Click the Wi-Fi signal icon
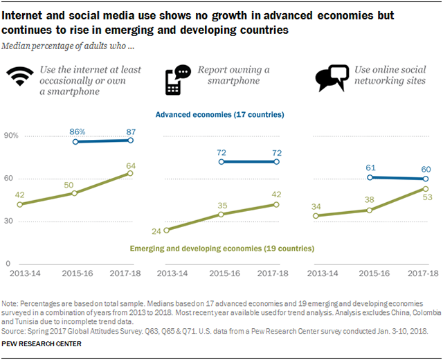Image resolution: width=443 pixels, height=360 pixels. coord(20,76)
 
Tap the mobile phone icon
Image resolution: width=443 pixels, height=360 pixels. coord(178,80)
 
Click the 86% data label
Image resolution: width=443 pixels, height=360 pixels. coord(78,132)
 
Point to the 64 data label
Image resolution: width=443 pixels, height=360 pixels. coord(131,165)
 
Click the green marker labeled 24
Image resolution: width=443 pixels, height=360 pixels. coord(166,231)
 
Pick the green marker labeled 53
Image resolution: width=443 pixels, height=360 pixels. coord(426,189)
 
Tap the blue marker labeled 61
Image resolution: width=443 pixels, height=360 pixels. coord(370,177)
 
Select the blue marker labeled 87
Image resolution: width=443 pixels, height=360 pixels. coord(131,140)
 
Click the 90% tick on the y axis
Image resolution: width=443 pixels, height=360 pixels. coord(11,136)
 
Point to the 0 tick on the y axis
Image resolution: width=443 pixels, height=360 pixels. coord(8,264)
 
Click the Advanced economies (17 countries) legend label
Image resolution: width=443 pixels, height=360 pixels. coord(220,114)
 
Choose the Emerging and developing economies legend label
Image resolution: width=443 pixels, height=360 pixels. coord(222,249)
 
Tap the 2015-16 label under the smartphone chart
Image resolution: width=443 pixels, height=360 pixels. coord(224,273)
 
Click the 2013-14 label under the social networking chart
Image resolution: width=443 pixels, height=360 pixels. coord(323,273)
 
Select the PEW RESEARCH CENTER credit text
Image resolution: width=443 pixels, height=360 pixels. coord(42,344)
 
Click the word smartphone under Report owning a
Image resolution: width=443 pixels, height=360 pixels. coord(234,81)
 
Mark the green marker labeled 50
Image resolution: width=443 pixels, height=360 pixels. coord(74,193)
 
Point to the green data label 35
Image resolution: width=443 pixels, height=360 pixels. coord(222,206)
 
